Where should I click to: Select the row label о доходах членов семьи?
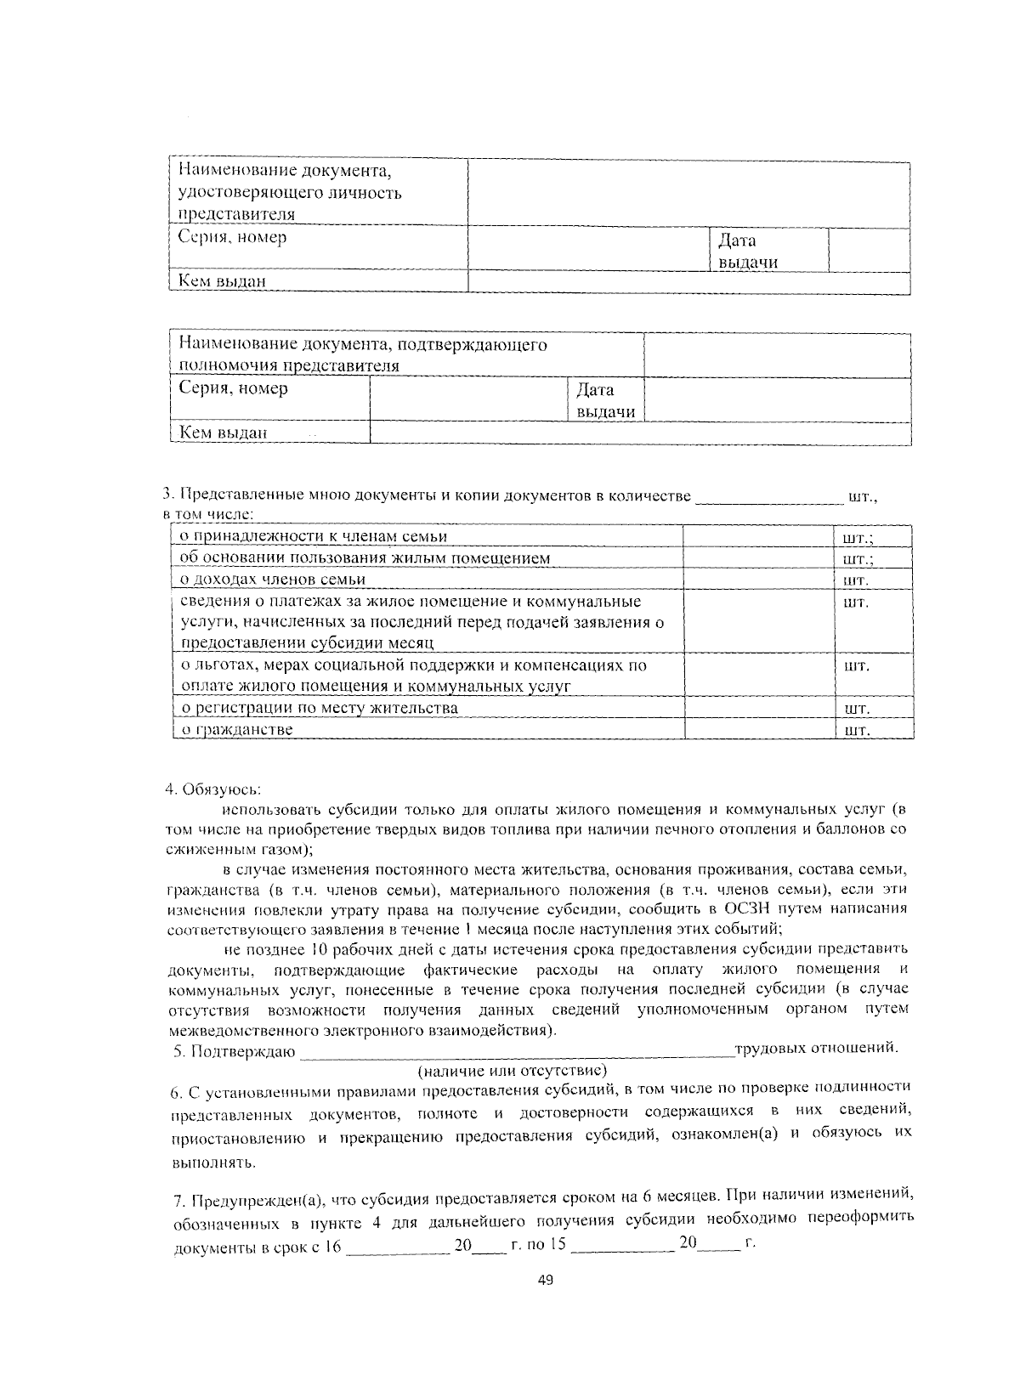[273, 580]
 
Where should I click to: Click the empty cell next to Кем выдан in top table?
[688, 281]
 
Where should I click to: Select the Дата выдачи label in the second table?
[605, 401]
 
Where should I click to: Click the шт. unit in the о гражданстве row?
[855, 730]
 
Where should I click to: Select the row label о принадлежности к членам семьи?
[314, 536]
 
